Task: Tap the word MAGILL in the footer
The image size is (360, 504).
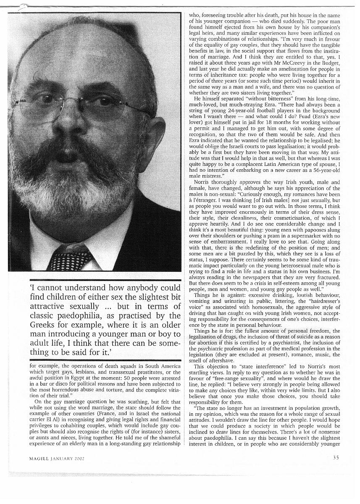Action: coord(40,458)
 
